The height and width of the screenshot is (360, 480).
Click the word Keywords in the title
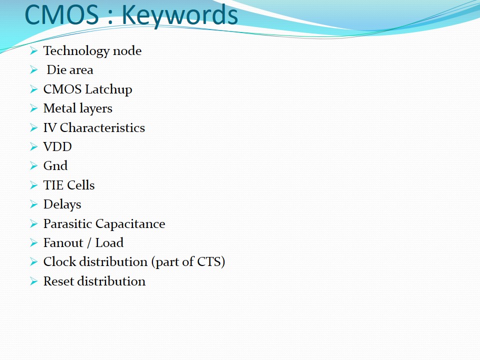180,15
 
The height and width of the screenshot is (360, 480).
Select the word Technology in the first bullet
76,51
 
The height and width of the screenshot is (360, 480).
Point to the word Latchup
108,89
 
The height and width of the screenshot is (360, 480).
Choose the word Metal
59,108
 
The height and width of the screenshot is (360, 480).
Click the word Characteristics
102,127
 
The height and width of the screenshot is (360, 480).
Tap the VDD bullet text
57,147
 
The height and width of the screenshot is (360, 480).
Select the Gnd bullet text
55,166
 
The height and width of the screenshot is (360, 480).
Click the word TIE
53,185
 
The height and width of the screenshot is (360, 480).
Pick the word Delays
62,204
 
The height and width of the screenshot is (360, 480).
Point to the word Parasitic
67,224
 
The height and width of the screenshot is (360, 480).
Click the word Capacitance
130,224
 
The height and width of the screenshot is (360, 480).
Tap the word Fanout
63,243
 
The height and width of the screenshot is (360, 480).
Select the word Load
109,243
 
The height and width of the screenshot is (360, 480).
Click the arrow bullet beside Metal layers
33,108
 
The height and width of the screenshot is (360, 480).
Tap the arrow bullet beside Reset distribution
33,281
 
